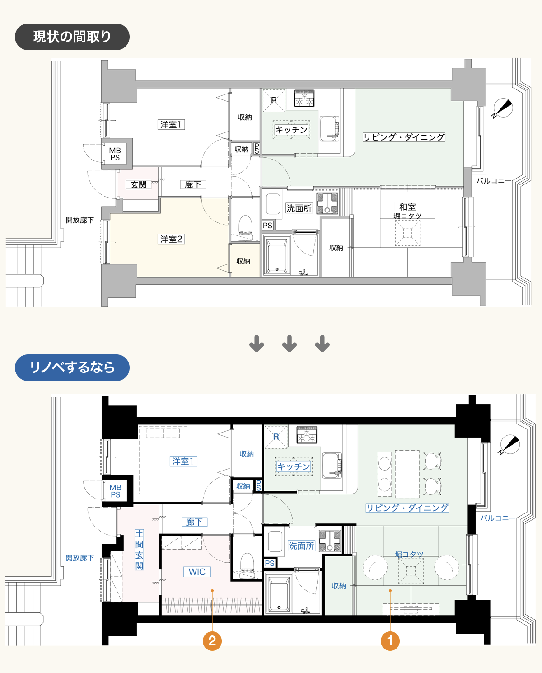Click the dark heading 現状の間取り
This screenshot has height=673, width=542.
click(x=72, y=37)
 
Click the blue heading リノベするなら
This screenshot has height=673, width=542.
click(x=72, y=367)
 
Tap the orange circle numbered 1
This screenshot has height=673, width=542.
click(x=390, y=641)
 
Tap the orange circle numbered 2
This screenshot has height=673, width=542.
click(x=212, y=641)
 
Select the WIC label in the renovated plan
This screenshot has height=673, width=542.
click(x=197, y=572)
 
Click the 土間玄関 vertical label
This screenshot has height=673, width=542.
click(x=139, y=550)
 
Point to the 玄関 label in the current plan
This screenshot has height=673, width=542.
click(x=139, y=184)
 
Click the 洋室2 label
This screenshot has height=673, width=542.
click(x=171, y=239)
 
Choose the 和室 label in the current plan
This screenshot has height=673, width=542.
click(x=407, y=207)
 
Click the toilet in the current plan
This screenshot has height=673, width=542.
click(x=245, y=228)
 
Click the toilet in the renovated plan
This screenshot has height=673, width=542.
click(x=247, y=565)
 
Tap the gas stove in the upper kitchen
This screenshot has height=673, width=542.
click(x=304, y=98)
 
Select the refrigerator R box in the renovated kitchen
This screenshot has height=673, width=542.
click(x=276, y=437)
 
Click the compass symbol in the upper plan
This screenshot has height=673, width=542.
click(x=503, y=108)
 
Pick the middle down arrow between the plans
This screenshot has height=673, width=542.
click(x=290, y=344)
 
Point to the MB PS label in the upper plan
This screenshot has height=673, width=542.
click(x=115, y=154)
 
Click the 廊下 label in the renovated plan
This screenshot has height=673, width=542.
click(x=194, y=522)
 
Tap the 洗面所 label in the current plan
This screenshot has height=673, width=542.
click(x=299, y=208)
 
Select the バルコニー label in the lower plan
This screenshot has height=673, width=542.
click(x=498, y=518)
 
